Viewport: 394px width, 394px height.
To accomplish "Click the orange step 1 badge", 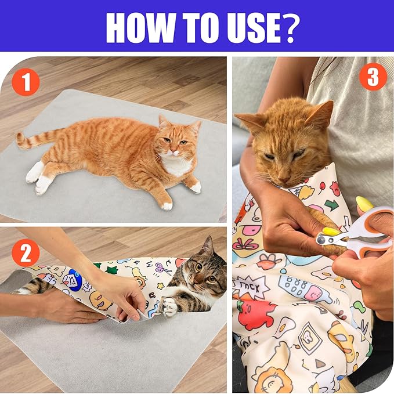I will click(26, 82).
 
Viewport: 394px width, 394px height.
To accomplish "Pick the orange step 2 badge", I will click(26, 253).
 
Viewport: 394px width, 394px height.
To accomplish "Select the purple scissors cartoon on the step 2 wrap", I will click(163, 268).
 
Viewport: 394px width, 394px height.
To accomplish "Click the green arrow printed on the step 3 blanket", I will click(330, 204).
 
